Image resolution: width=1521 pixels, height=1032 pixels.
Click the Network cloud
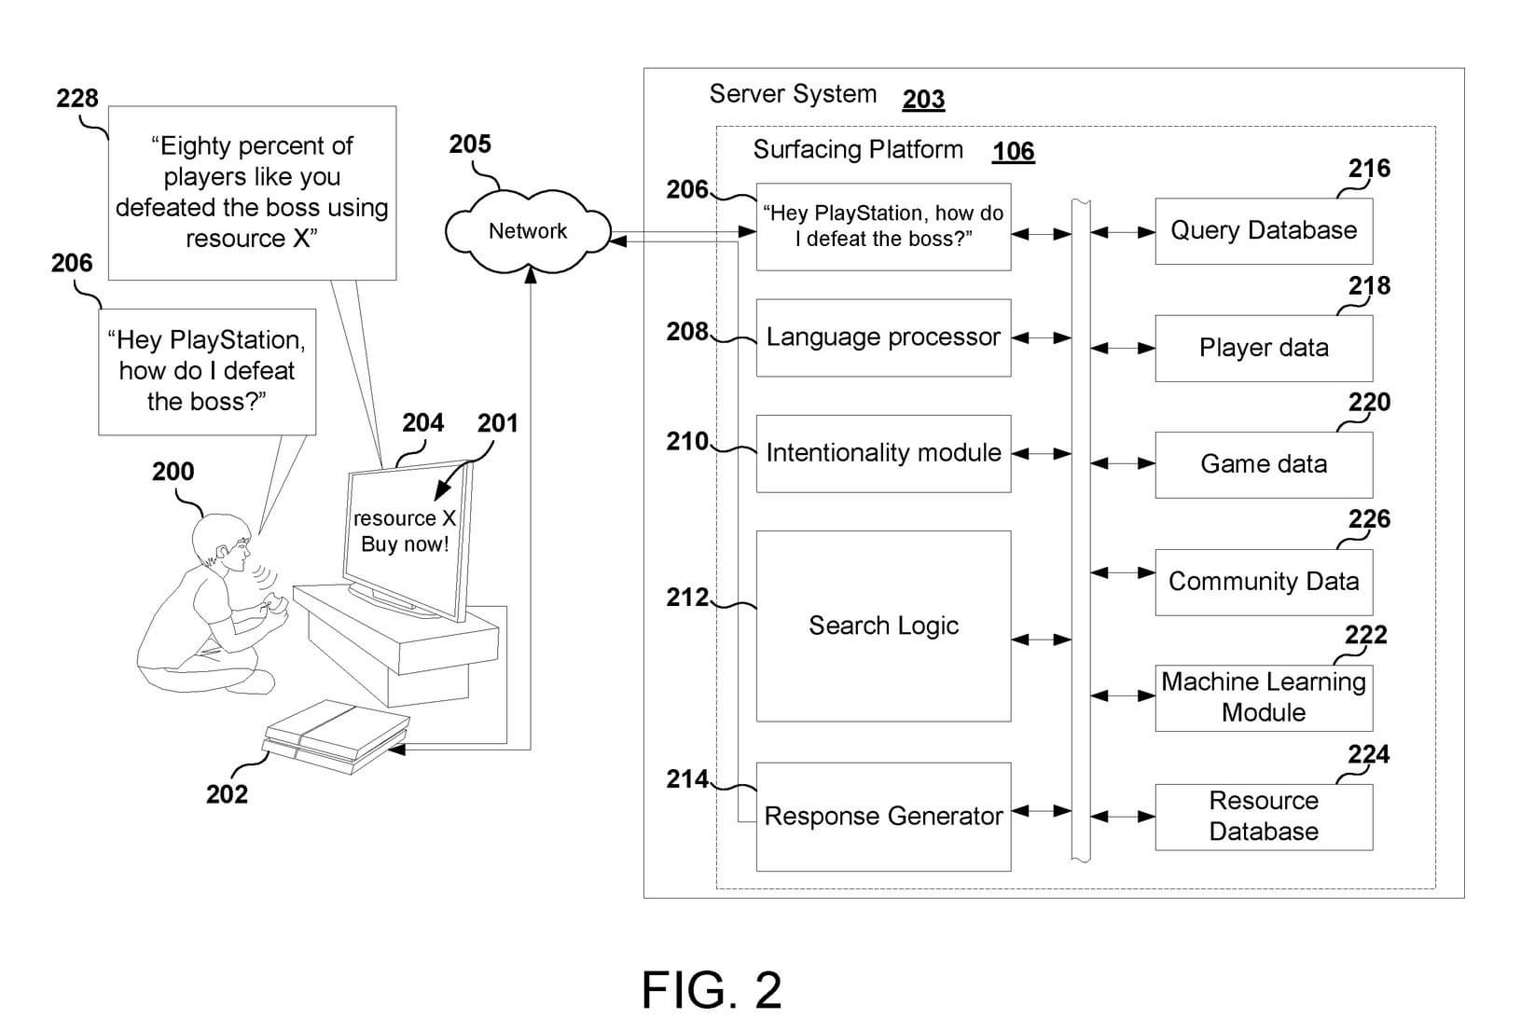(x=528, y=230)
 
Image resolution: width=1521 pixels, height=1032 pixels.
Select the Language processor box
(x=883, y=337)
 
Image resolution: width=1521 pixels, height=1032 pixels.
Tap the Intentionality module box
(x=883, y=453)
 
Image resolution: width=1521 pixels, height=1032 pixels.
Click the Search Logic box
(x=883, y=626)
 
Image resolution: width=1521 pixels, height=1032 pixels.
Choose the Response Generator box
(x=883, y=817)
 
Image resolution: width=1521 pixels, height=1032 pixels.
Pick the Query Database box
(x=1264, y=230)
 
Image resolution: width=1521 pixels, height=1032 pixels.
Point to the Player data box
(x=1264, y=348)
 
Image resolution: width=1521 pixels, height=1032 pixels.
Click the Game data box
(x=1264, y=464)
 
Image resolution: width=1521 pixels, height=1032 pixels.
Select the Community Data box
(x=1264, y=582)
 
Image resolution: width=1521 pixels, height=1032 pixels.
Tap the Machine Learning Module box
(x=1264, y=697)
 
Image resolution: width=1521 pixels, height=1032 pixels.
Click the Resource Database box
(x=1264, y=817)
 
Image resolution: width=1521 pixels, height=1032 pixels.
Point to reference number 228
(x=76, y=98)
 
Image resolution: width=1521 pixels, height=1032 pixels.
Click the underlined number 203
(x=923, y=99)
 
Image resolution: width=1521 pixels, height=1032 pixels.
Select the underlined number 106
(x=1013, y=151)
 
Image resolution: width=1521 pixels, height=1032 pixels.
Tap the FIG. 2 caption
(x=712, y=990)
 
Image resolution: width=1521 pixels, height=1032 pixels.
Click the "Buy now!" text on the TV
(x=405, y=544)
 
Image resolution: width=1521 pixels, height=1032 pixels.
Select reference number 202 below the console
(x=227, y=794)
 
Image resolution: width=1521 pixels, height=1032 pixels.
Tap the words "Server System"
(x=793, y=94)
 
